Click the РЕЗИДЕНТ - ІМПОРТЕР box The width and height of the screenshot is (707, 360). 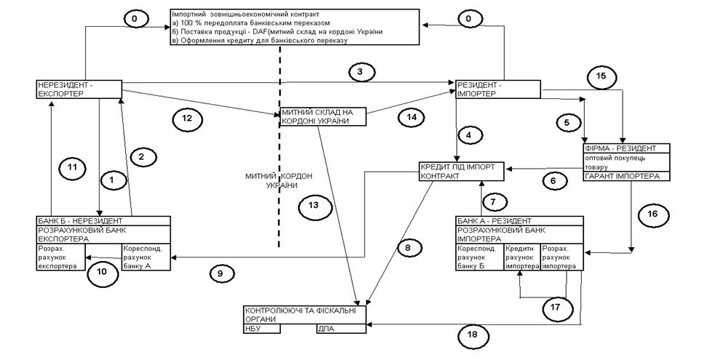click(x=498, y=88)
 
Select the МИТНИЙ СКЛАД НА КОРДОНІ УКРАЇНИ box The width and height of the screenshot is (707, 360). click(x=322, y=117)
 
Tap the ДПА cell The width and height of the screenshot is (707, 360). click(x=340, y=329)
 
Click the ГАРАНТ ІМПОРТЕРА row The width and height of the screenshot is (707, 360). click(x=626, y=177)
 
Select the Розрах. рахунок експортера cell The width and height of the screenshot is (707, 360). click(x=60, y=257)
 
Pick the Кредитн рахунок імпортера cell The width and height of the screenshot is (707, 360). click(x=522, y=257)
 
